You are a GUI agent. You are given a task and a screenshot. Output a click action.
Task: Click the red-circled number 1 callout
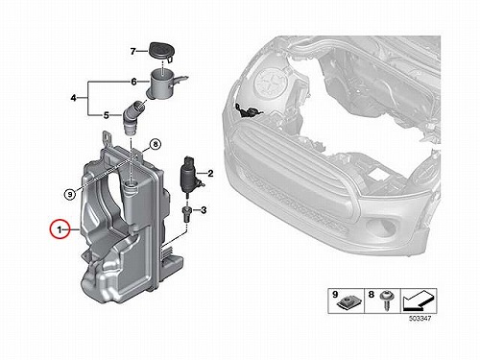coord(60,229)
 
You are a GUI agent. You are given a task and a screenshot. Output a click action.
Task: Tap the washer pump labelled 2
coord(191,175)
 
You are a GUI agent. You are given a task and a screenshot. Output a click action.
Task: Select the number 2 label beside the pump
coord(210,174)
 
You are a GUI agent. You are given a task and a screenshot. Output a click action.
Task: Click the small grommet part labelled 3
coord(186,213)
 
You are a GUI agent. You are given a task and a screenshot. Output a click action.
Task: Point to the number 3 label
coord(204,210)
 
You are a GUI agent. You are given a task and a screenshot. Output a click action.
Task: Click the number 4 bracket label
coord(73,98)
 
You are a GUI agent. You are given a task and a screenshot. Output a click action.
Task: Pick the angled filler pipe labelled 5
coord(133,118)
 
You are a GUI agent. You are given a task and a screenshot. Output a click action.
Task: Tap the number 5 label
coord(107,115)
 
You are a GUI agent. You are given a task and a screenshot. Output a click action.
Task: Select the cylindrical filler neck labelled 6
coord(163,84)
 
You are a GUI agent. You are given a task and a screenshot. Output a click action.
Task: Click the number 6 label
coord(133,82)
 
